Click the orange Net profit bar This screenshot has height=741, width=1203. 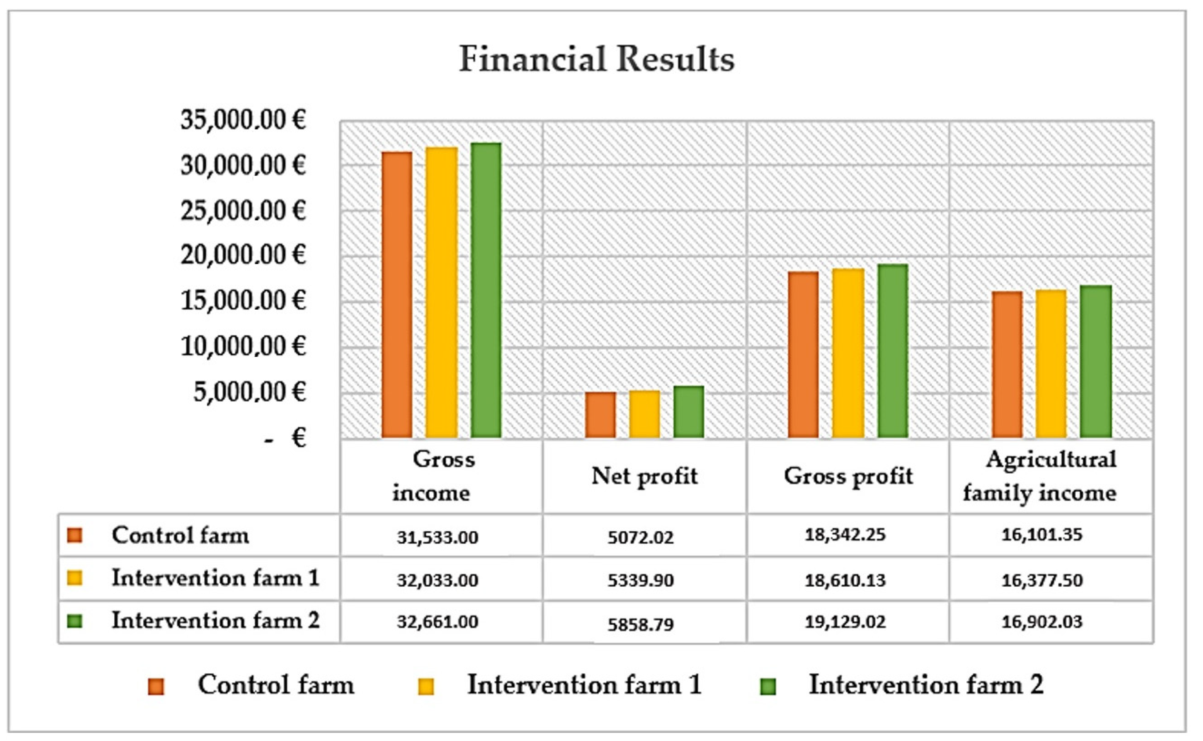[x=601, y=415]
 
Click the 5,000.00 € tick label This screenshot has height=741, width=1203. [x=249, y=392]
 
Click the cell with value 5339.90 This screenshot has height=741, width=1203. [x=641, y=580]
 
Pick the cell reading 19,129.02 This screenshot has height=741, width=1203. [x=846, y=622]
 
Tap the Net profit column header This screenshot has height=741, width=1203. [x=644, y=476]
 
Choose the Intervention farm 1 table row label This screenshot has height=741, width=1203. [x=215, y=578]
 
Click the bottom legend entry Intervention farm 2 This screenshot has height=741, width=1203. [x=926, y=685]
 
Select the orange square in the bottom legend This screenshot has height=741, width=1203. [x=156, y=687]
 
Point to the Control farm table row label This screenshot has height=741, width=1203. [x=180, y=535]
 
